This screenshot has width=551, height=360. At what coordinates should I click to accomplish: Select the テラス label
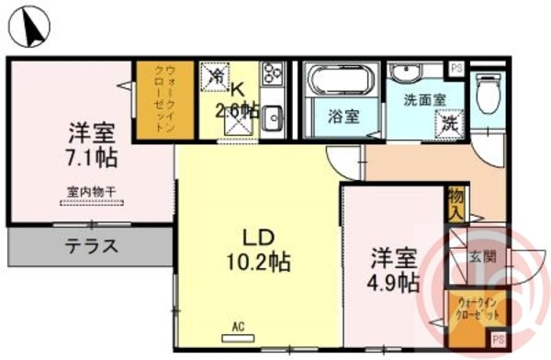click(x=91, y=245)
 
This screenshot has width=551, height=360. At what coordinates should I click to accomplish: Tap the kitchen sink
click(x=272, y=118)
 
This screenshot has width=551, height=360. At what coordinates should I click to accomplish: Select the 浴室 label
click(x=343, y=117)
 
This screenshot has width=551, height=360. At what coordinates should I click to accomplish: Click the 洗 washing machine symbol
click(x=450, y=120)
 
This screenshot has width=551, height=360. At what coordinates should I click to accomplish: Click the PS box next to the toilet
click(x=455, y=67)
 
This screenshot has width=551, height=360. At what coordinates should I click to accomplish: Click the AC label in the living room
click(x=237, y=326)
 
